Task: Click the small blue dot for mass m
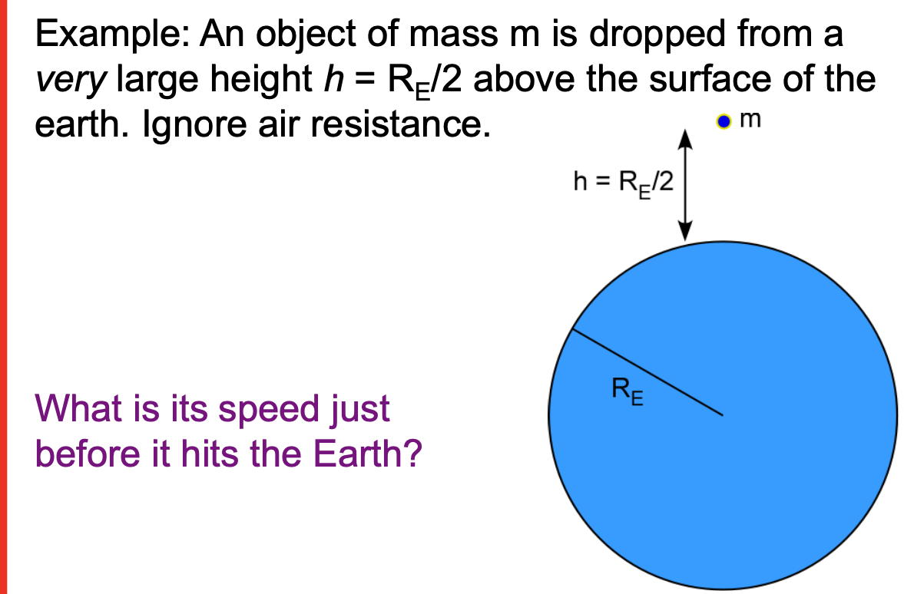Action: (x=723, y=121)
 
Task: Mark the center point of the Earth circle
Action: (x=723, y=417)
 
